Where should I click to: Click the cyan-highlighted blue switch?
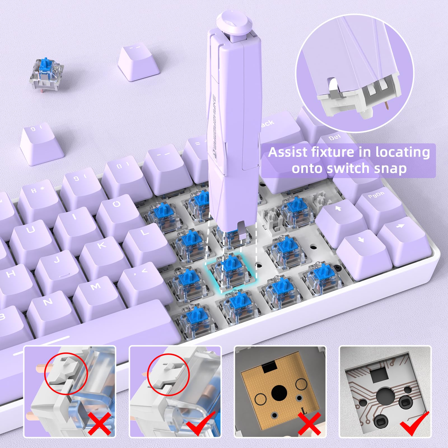(x=231, y=269)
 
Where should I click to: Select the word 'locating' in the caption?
(x=402, y=153)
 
